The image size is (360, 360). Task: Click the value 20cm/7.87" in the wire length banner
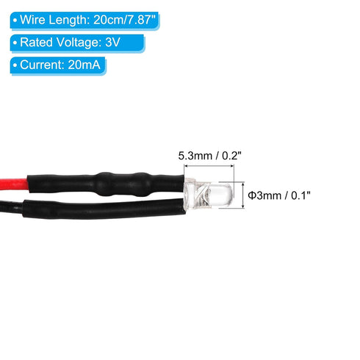125,20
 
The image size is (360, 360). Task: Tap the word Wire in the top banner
32,20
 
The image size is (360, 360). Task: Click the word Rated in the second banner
36,43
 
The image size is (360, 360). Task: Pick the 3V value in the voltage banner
112,43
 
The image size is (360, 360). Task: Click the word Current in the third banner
42,65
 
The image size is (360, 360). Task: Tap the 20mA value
84,65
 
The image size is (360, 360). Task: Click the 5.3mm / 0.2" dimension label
209,156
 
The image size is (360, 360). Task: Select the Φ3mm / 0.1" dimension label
279,195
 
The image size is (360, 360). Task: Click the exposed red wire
14,184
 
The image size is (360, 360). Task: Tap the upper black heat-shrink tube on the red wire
106,184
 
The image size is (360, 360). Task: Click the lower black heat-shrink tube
104,209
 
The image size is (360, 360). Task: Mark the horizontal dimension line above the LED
209,166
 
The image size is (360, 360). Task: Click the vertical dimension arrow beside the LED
242,195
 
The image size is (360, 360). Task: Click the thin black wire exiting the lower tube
12,207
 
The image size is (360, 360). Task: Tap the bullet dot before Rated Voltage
15,43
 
